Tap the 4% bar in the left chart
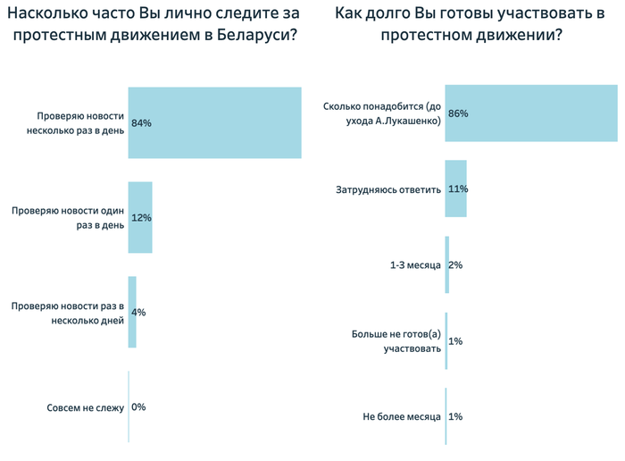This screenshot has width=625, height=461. [132, 312]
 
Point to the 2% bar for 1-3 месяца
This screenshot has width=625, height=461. [446, 264]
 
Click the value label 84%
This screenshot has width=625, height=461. [141, 123]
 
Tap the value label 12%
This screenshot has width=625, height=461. [141, 218]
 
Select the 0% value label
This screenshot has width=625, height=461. [138, 407]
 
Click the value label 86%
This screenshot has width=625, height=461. [459, 113]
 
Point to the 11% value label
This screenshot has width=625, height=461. [459, 189]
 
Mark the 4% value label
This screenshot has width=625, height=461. [138, 313]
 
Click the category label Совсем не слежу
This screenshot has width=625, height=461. [85, 408]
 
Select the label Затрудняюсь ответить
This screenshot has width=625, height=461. [388, 189]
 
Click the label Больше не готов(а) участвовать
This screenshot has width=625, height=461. [398, 341]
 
